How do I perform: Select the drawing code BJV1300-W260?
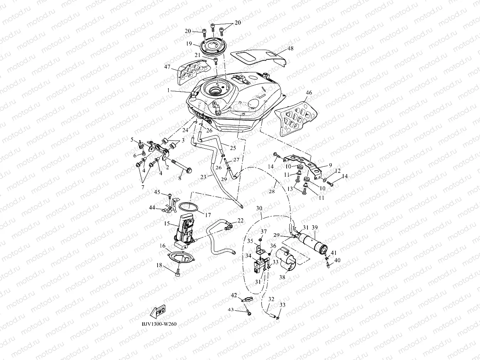[159, 324]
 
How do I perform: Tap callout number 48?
[290, 48]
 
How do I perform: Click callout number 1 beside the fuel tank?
[168, 90]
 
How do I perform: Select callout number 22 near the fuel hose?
[240, 220]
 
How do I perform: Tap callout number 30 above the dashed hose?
[259, 208]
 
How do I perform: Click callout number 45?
[157, 192]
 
